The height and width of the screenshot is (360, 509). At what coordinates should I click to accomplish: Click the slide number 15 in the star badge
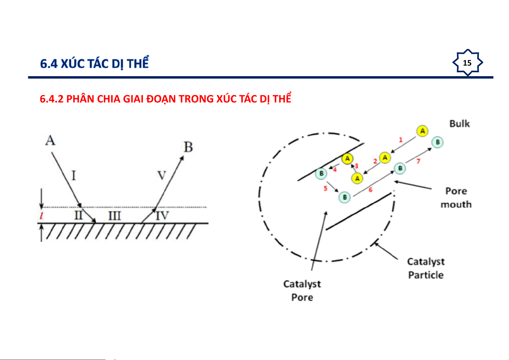467,63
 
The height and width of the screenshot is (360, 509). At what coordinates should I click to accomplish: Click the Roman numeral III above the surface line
114,216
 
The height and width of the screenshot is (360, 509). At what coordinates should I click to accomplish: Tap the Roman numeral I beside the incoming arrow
73,176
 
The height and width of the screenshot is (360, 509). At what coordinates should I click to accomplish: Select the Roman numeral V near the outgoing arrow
162,175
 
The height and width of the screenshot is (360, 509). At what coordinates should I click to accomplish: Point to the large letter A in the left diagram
50,140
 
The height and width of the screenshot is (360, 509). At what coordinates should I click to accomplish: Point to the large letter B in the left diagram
188,147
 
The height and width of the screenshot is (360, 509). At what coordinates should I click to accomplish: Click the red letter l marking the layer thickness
41,215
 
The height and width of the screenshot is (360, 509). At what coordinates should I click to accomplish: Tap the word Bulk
459,124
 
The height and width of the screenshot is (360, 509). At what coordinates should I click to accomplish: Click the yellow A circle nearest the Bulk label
422,131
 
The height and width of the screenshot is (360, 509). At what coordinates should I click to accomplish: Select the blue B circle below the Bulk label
437,142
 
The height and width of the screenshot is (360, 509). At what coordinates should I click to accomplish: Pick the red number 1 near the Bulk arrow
401,140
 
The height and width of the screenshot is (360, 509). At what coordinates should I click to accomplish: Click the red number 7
418,161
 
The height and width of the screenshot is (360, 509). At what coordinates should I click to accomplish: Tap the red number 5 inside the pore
325,188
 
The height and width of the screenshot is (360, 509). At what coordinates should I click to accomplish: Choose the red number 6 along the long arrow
370,190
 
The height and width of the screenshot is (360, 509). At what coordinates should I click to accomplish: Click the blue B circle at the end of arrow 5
344,197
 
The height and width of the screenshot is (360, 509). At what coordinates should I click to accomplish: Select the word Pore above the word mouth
456,191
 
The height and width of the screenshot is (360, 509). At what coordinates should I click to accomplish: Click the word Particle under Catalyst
426,275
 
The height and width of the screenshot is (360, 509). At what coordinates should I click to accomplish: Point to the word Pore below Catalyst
302,297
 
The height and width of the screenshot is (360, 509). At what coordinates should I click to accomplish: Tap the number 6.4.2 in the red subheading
51,99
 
